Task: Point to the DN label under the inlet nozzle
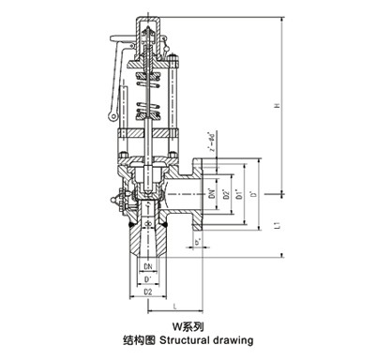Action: click(149, 267)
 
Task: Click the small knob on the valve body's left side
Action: click(117, 200)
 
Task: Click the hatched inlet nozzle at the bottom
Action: click(148, 242)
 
